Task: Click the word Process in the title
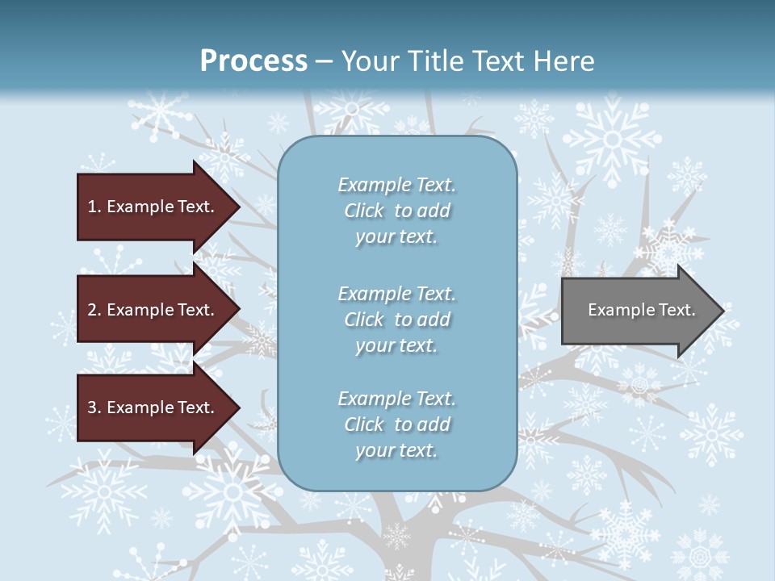pyautogui.click(x=253, y=61)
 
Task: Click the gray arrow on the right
pyautogui.click(x=638, y=310)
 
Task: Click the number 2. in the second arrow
pyautogui.click(x=94, y=310)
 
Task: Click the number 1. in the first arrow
pyautogui.click(x=94, y=207)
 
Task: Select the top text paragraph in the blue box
pyautogui.click(x=396, y=211)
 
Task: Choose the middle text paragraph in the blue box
pyautogui.click(x=396, y=320)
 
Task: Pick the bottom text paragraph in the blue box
pyautogui.click(x=396, y=424)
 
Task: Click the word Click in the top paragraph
pyautogui.click(x=364, y=211)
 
